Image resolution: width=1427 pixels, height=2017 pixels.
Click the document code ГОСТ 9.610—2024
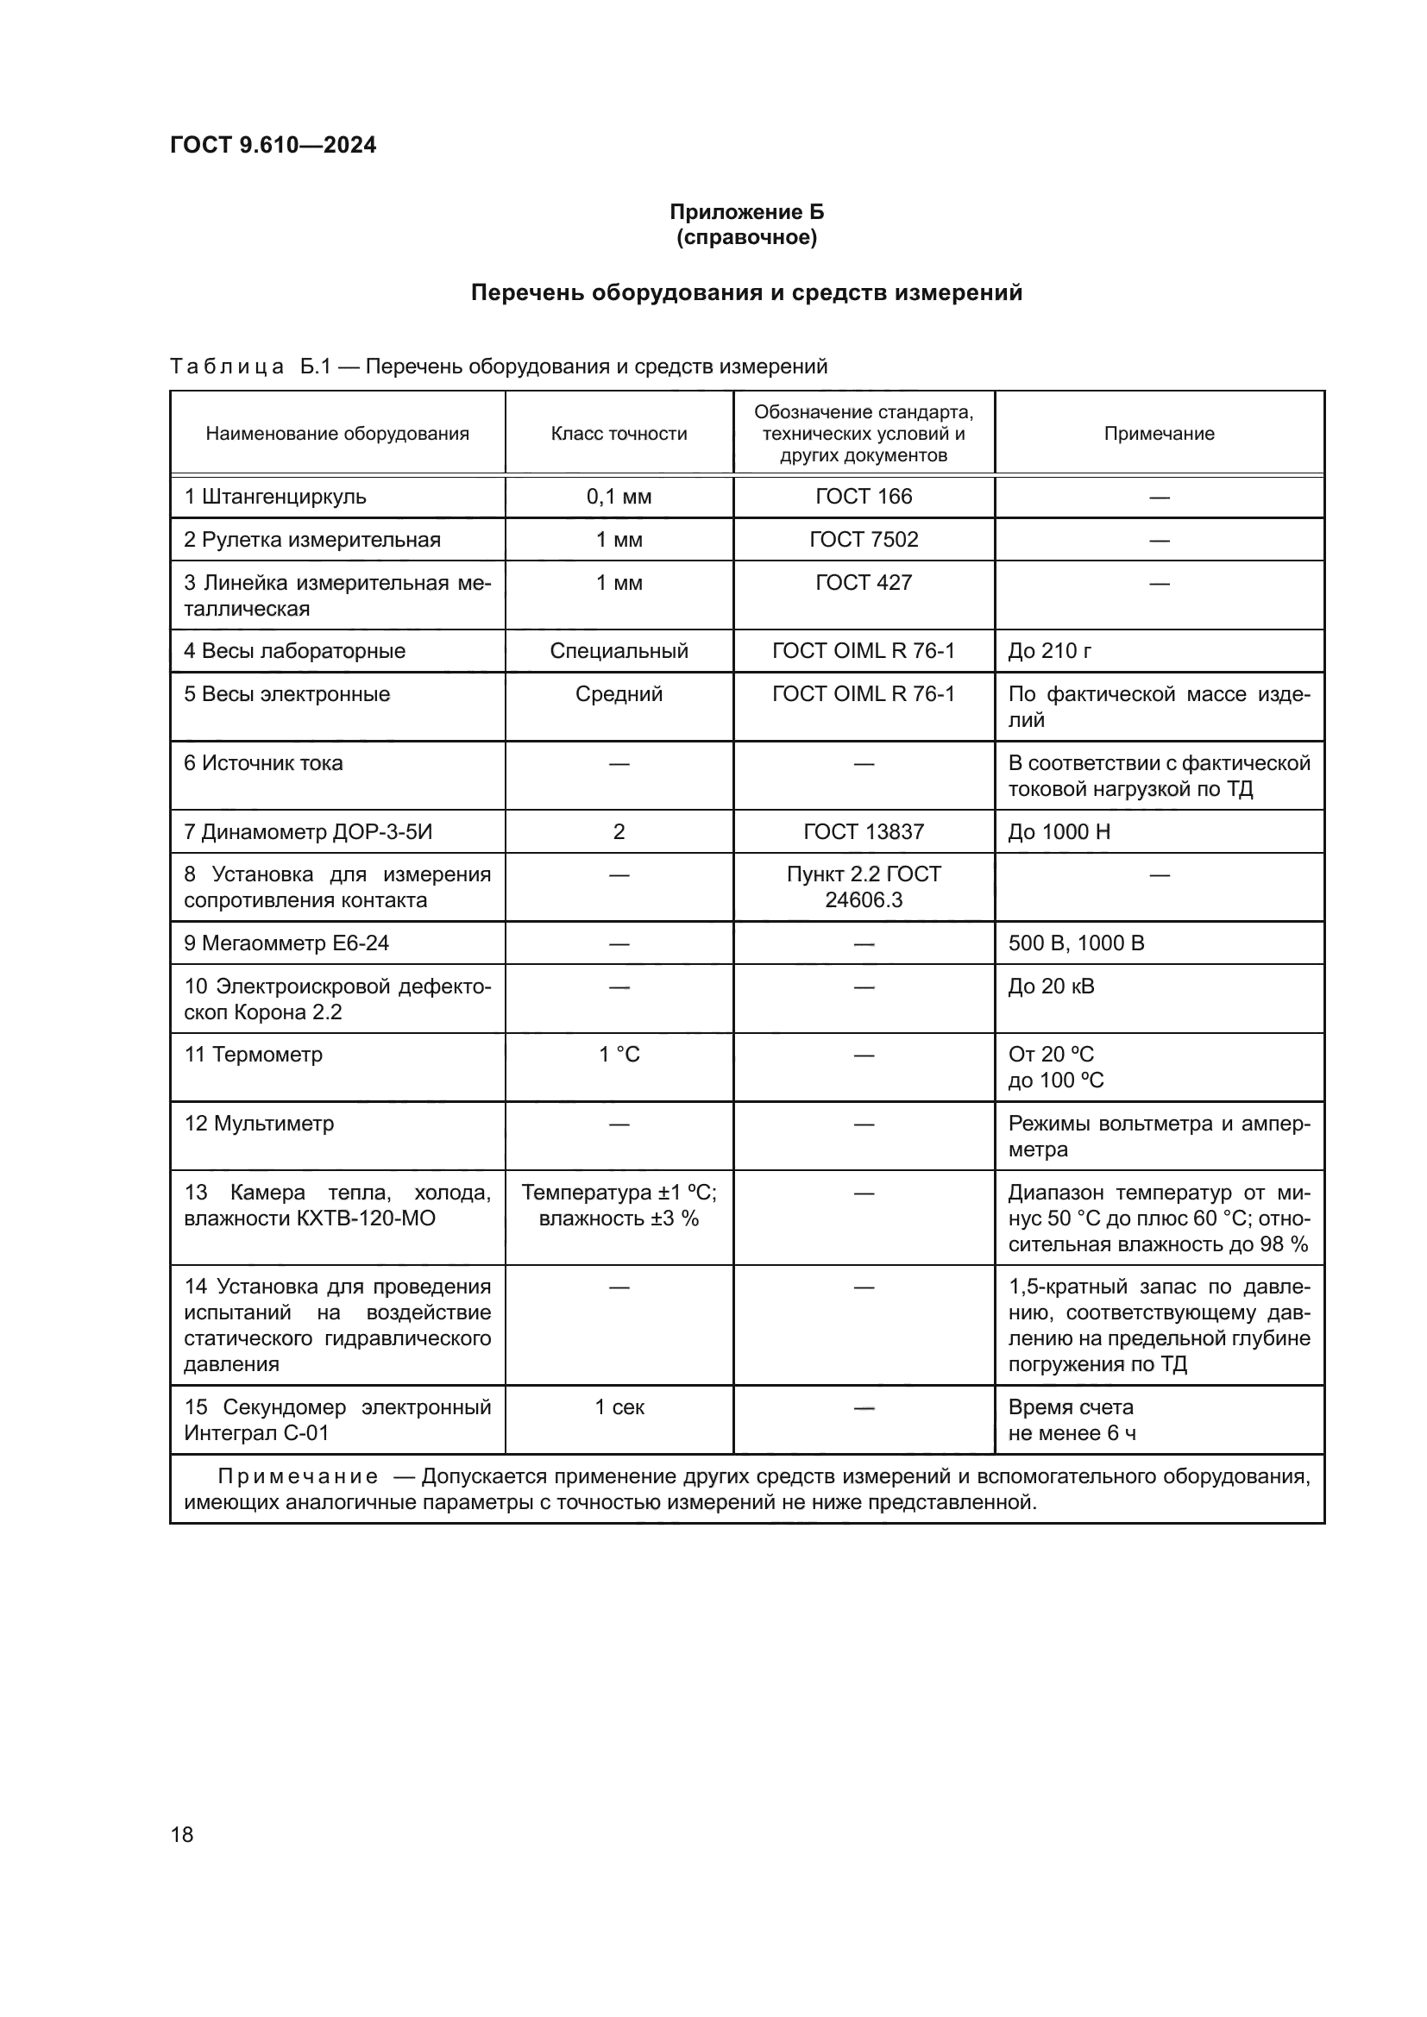[273, 145]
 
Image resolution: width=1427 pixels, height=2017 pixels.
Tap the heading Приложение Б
[746, 212]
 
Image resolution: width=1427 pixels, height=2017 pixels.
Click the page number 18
[182, 1834]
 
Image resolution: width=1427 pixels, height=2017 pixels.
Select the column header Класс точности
[619, 433]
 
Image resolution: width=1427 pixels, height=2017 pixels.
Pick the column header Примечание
[1158, 433]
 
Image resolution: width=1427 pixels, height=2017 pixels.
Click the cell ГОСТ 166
[863, 497]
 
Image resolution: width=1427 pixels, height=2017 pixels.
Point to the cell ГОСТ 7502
[863, 539]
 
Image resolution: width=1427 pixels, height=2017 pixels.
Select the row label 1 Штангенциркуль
[274, 497]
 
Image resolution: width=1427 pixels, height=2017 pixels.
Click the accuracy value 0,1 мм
[619, 497]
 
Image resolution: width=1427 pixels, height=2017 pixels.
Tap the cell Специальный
[619, 651]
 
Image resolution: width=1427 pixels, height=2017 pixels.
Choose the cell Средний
[619, 694]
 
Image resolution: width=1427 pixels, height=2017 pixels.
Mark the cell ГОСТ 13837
[863, 831]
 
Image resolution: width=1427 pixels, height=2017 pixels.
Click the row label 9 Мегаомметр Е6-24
[286, 943]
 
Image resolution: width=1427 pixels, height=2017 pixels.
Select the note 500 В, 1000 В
[1076, 943]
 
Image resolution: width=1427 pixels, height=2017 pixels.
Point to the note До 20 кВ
[1051, 986]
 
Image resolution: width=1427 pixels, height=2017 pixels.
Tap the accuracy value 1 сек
[619, 1407]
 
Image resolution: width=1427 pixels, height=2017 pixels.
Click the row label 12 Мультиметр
[258, 1124]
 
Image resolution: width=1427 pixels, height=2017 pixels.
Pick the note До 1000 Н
[1059, 831]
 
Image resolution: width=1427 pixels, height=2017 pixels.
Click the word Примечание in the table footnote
[298, 1476]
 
